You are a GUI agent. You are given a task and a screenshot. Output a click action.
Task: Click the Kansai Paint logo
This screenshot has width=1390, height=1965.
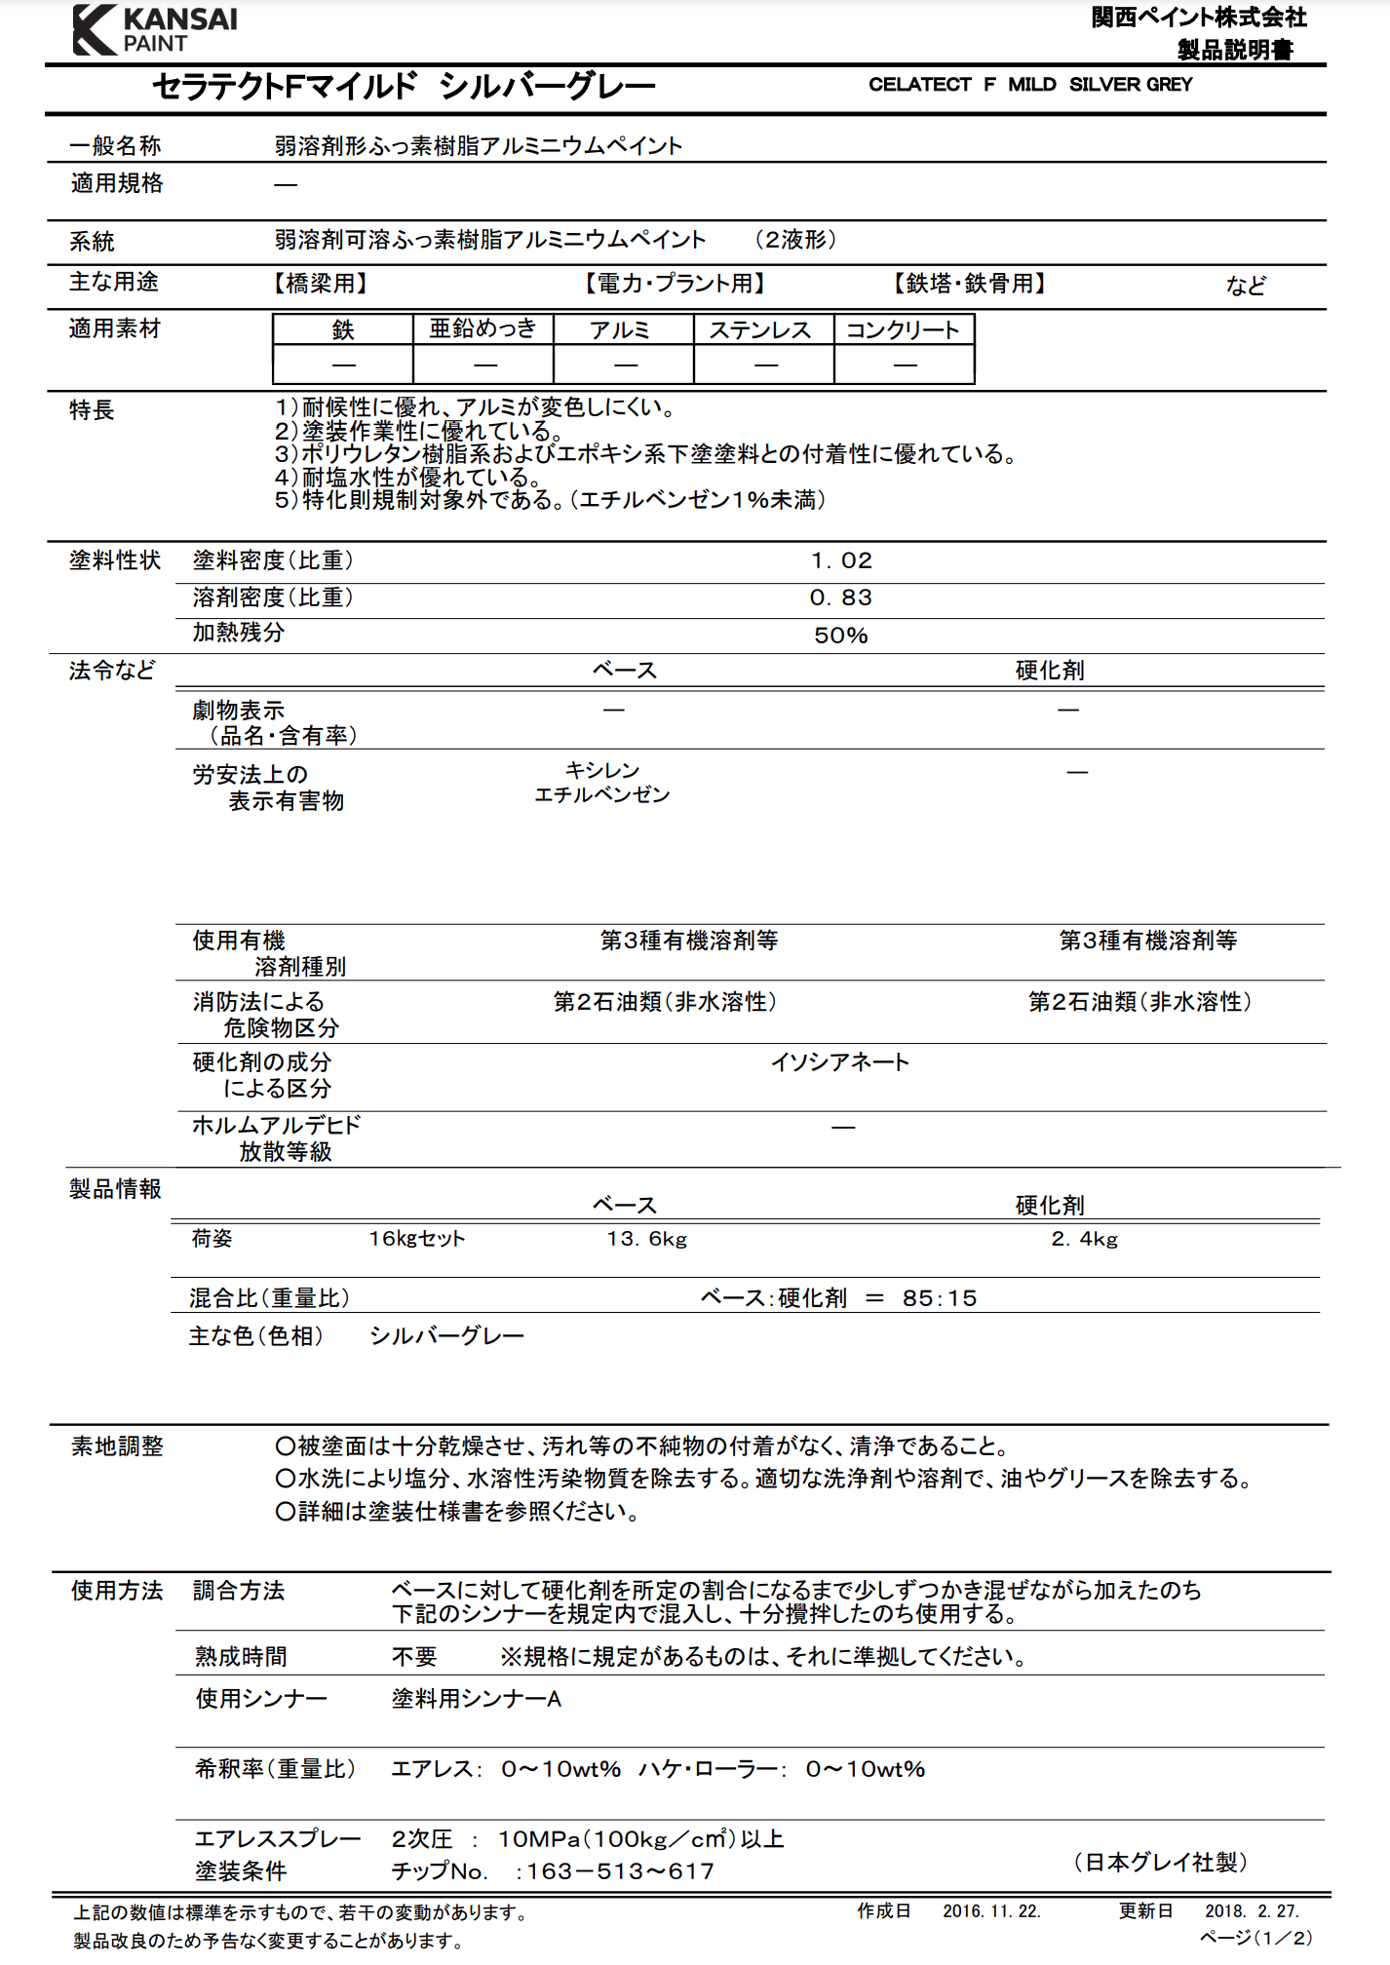[x=154, y=29]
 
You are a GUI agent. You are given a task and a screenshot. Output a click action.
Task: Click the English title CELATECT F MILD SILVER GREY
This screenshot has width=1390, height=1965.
[x=1029, y=85]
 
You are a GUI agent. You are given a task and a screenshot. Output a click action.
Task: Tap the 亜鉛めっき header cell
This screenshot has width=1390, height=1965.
[x=483, y=329]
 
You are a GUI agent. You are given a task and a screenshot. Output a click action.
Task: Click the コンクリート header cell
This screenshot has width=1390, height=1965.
[x=903, y=330]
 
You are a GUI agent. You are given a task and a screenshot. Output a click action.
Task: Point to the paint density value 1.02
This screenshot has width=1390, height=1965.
[x=841, y=560]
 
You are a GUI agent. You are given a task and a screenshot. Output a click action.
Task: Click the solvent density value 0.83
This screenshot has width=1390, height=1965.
[x=840, y=597]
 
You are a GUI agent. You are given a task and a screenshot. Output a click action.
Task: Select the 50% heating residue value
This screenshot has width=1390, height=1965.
[x=840, y=636]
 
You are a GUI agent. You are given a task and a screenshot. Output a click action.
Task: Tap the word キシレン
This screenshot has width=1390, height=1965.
[x=602, y=770]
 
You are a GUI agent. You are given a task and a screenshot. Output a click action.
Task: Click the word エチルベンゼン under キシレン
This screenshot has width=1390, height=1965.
[x=602, y=795]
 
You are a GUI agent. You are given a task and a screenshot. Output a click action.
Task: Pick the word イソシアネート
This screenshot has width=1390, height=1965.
[x=840, y=1061]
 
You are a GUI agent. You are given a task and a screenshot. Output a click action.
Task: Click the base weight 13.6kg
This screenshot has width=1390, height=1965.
[x=646, y=1239]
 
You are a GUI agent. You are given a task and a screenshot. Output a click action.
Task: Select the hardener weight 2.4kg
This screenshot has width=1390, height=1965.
[x=1084, y=1239]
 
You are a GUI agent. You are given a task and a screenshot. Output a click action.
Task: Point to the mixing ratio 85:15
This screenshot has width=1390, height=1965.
[x=939, y=1298]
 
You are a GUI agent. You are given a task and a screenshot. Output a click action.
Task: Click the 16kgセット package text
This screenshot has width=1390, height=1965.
[x=416, y=1239]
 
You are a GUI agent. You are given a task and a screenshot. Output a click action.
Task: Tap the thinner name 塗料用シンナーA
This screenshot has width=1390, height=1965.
[x=476, y=1699]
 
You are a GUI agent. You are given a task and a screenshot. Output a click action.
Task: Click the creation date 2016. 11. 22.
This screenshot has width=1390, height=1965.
[x=991, y=1911]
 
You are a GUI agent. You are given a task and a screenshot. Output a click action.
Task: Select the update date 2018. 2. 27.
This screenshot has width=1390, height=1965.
[x=1252, y=1911]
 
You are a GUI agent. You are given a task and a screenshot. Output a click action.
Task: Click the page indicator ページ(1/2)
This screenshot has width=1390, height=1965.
[x=1255, y=1938]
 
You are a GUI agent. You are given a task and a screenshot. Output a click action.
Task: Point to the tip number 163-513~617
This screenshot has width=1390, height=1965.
[x=620, y=1871]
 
